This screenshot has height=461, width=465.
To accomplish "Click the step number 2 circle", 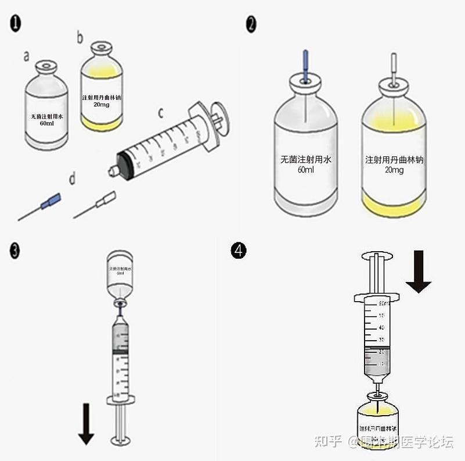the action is [251, 24].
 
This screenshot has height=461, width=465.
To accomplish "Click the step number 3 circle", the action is [16, 251].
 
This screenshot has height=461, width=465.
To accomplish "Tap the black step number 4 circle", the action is [239, 251].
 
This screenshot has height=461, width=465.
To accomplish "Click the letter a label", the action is [26, 56].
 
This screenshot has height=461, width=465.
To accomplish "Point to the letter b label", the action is [80, 38].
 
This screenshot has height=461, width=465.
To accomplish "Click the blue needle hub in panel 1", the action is [51, 201].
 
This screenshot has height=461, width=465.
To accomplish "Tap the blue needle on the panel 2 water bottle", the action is [305, 62].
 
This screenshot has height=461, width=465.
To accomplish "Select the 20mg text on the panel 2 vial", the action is [393, 170].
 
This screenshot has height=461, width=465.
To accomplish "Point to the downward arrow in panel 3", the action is [86, 424].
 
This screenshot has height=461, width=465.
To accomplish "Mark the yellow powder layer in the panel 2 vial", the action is [394, 205].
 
